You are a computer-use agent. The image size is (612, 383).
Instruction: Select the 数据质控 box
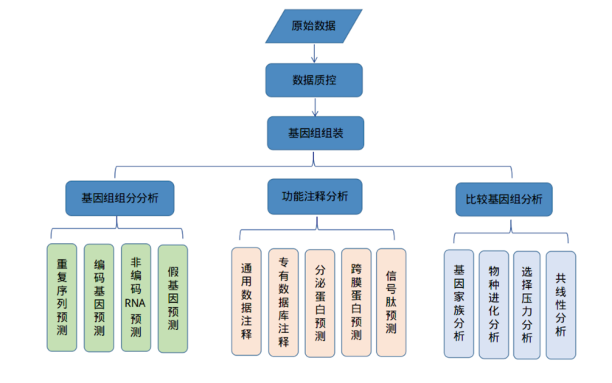pyautogui.click(x=314, y=80)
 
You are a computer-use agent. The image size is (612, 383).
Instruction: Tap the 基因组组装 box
pyautogui.click(x=315, y=134)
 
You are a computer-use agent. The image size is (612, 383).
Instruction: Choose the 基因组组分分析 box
pyautogui.click(x=119, y=198)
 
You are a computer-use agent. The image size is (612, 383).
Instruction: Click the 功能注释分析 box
pyautogui.click(x=315, y=197)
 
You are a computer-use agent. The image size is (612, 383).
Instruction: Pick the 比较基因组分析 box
pyautogui.click(x=504, y=199)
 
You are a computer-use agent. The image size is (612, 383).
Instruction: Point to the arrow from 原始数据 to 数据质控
pyautogui.click(x=314, y=53)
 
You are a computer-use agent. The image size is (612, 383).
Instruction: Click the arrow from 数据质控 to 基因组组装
pyautogui.click(x=315, y=107)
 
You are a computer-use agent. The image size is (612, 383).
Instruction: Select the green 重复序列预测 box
pyautogui.click(x=62, y=297)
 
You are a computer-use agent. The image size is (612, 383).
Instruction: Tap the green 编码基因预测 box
pyautogui.click(x=99, y=297)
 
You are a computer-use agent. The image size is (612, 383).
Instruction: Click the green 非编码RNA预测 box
pyautogui.click(x=136, y=297)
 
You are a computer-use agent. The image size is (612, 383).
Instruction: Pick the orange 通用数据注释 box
pyautogui.click(x=246, y=301)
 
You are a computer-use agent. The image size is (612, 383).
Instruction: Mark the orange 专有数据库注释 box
pyautogui.click(x=283, y=302)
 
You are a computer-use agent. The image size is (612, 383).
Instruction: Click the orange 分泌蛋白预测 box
pyautogui.click(x=320, y=303)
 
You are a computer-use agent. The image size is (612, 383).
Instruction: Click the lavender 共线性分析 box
pyautogui.click(x=560, y=301)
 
